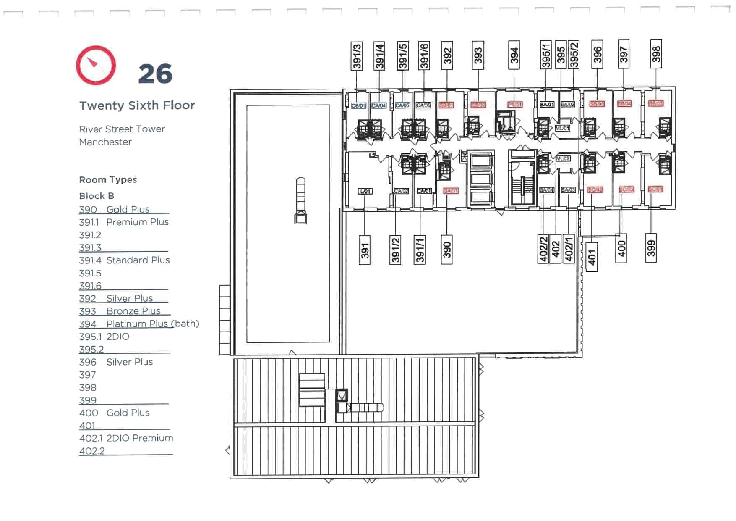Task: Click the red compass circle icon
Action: (x=96, y=65)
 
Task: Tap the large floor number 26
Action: (x=155, y=74)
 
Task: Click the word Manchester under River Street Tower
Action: (x=105, y=142)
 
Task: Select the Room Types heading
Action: (x=108, y=180)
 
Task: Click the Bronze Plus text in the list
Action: (x=133, y=311)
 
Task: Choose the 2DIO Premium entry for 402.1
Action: (x=140, y=438)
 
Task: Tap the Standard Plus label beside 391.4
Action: (x=138, y=260)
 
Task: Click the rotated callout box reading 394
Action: (x=514, y=55)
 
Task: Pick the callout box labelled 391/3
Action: (x=357, y=56)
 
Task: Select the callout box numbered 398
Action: (x=656, y=54)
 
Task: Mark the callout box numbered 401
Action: (x=592, y=257)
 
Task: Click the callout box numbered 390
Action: (x=447, y=250)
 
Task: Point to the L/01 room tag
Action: (x=365, y=191)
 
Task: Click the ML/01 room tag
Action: (x=563, y=128)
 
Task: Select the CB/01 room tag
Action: (x=358, y=105)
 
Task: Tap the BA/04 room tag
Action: (x=547, y=190)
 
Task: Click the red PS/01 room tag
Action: (x=515, y=104)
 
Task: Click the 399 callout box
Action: (x=651, y=248)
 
